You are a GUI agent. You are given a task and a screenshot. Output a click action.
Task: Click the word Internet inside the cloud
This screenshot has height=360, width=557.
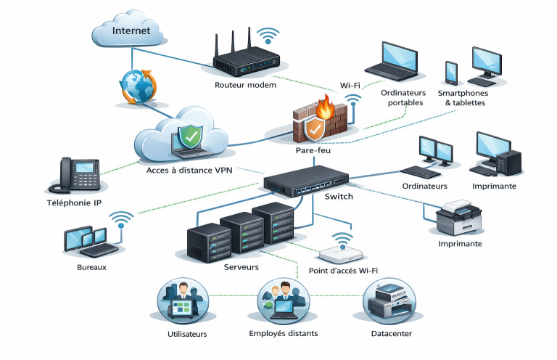(131, 31)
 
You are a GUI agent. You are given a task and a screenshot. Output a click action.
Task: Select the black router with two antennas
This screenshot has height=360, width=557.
(246, 62)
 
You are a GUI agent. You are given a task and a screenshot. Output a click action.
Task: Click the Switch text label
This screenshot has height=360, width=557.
(339, 197)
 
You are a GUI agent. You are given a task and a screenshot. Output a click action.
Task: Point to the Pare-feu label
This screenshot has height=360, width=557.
(313, 150)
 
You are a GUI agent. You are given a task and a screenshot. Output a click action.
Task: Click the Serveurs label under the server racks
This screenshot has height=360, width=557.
(239, 267)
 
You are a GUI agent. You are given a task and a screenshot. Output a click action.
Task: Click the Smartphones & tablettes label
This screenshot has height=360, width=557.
(463, 98)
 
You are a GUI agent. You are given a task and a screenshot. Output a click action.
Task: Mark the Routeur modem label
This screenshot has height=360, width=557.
(246, 85)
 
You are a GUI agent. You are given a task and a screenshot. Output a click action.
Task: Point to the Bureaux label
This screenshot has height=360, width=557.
(91, 267)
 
